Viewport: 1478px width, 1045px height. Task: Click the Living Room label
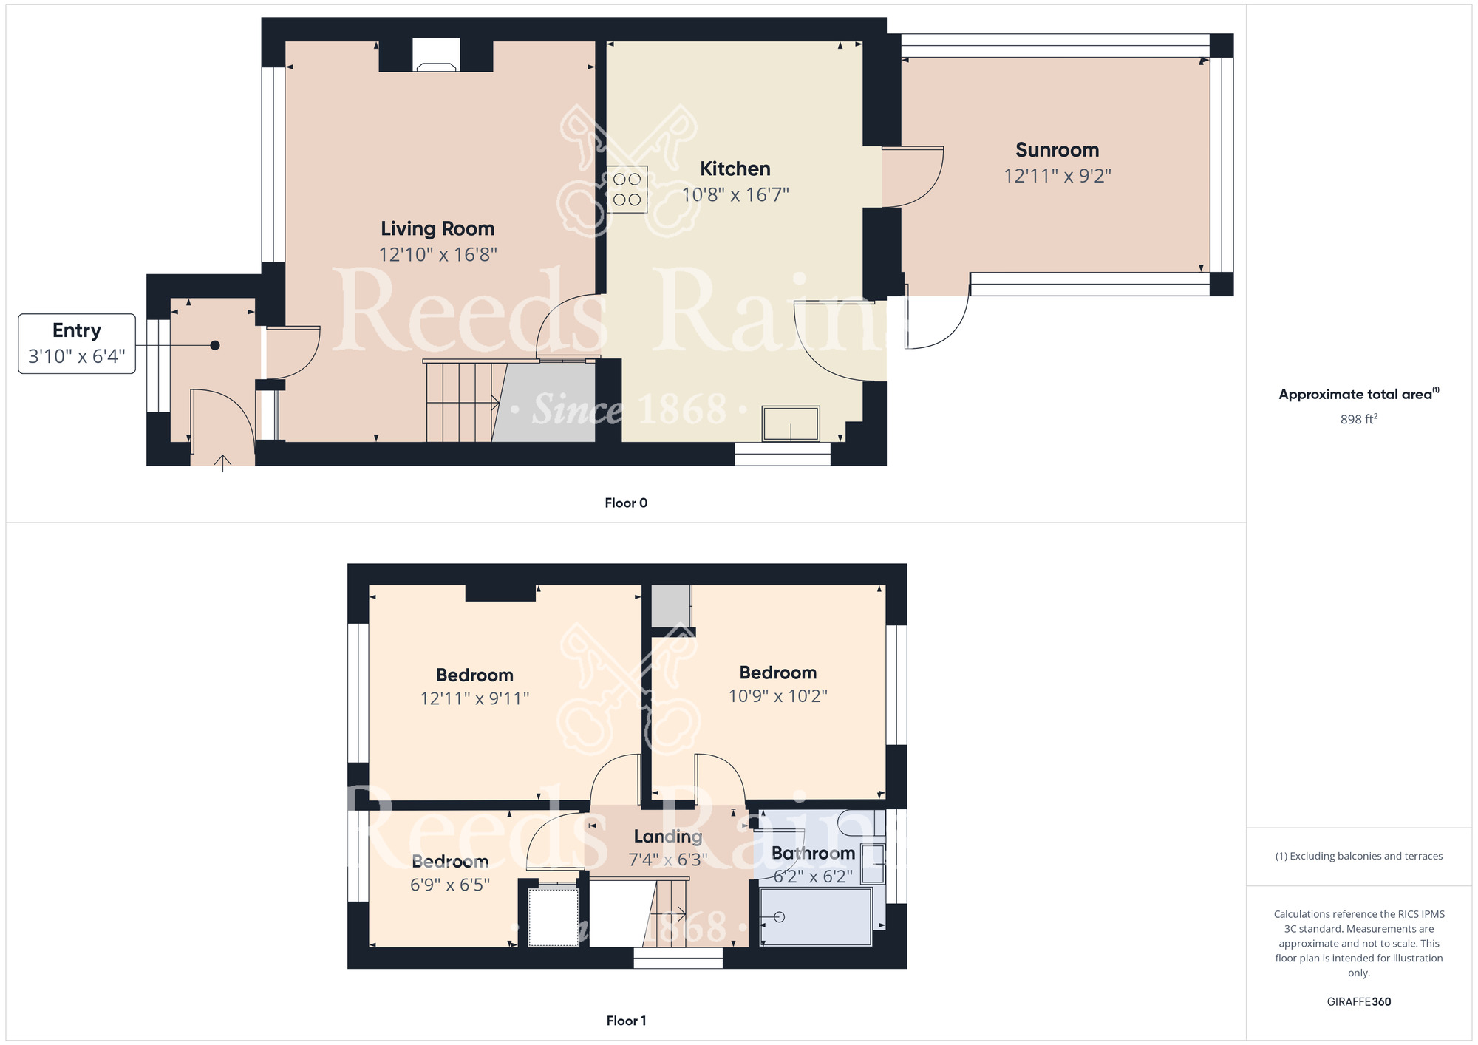tap(437, 229)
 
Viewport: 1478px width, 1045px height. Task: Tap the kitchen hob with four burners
tap(627, 189)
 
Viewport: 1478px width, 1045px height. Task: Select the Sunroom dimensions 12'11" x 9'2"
tap(1057, 176)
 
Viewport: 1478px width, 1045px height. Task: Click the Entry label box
tap(77, 344)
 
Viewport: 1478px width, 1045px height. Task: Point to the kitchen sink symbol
tap(790, 424)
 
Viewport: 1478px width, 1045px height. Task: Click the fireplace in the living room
tap(436, 56)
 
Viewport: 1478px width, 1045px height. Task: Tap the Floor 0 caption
tap(625, 503)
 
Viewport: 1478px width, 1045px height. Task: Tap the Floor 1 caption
tap(625, 1021)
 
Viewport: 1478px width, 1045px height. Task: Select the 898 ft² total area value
tap(1358, 419)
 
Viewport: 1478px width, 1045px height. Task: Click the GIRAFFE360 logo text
tap(1358, 1002)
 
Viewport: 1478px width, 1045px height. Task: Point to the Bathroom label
tap(813, 854)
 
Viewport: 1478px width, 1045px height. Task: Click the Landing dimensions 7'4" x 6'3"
tap(667, 860)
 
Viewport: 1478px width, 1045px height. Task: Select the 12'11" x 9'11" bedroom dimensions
tap(474, 698)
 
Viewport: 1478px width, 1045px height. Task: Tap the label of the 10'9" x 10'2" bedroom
tap(777, 673)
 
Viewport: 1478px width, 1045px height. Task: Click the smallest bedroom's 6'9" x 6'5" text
tap(449, 885)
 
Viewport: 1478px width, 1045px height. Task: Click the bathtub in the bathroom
tap(816, 917)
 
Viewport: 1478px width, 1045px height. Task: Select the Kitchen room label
tap(735, 169)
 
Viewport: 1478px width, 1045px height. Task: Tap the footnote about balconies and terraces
tap(1358, 857)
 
